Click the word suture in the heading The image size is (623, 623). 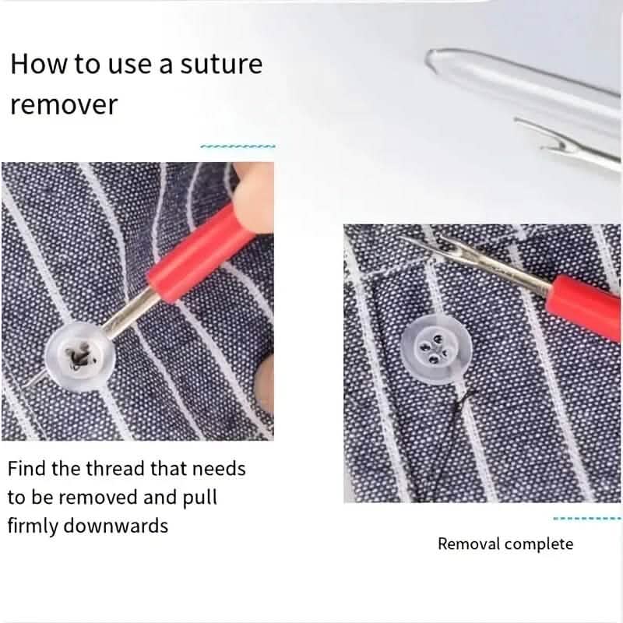[221, 64]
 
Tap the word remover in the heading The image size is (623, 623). [64, 104]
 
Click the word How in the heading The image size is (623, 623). [40, 64]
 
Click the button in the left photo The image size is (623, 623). [80, 357]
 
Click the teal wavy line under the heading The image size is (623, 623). [238, 146]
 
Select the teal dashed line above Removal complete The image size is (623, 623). [587, 519]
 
